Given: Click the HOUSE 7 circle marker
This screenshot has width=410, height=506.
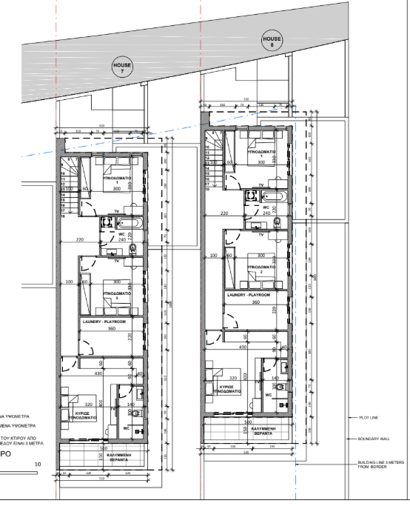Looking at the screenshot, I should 121,68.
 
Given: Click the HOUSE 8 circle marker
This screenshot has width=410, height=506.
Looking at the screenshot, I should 272,41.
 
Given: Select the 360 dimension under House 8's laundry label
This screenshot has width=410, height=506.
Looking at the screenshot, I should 256,302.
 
